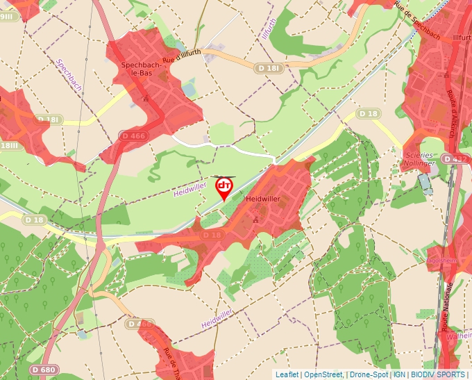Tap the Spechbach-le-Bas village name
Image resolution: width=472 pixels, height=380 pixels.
(146, 69)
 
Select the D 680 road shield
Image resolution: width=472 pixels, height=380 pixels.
(44, 370)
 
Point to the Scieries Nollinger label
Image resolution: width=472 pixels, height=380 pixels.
(419, 159)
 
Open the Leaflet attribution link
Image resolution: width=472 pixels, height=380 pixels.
(287, 374)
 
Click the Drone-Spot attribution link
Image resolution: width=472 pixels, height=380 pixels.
(369, 374)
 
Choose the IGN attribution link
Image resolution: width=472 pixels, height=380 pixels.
(400, 374)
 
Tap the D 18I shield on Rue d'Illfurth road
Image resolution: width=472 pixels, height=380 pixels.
(267, 68)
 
